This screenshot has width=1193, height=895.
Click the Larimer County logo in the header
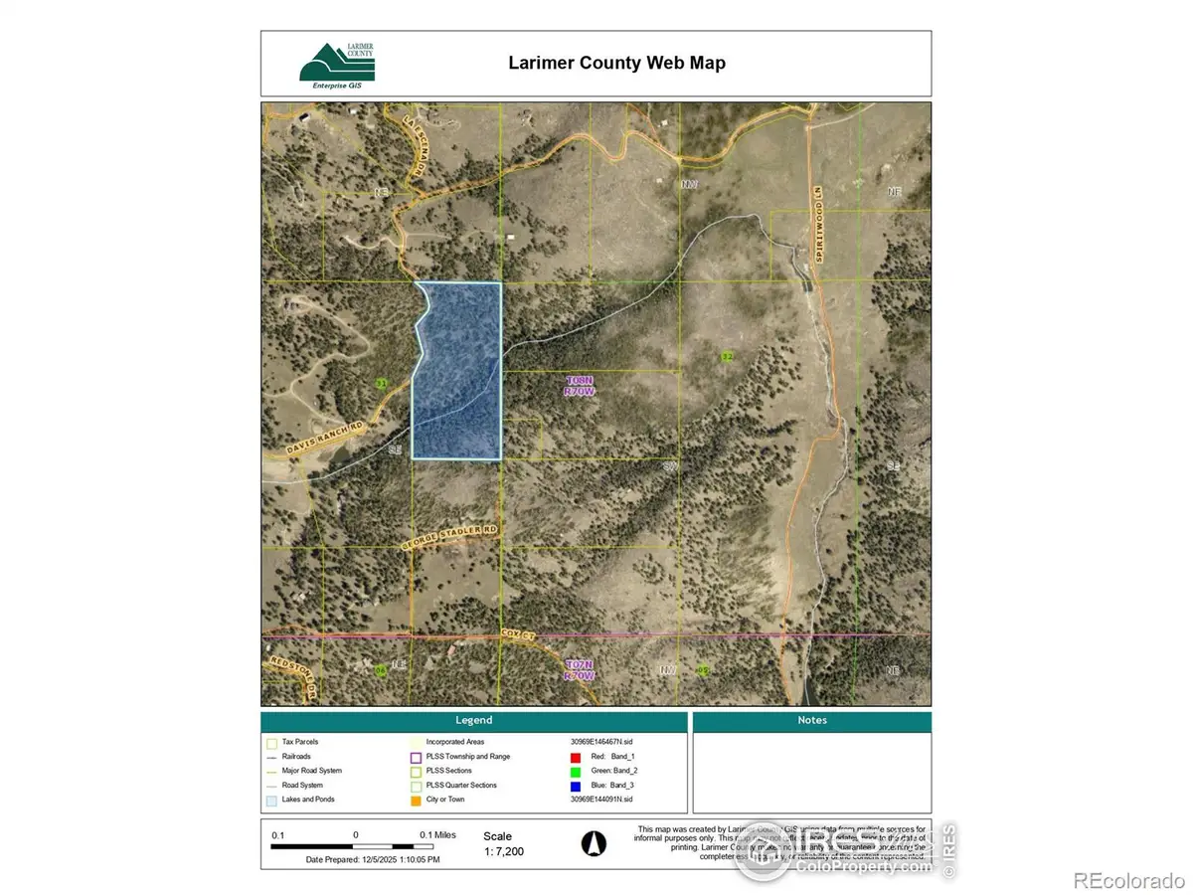337,63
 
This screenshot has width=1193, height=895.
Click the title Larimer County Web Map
616,63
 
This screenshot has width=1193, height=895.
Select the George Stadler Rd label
447,539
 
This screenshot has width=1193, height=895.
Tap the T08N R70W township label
580,386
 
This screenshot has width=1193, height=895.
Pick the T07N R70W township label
580,669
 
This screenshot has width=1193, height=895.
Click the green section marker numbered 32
728,356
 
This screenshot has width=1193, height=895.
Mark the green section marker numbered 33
380,383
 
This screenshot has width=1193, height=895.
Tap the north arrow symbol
593,843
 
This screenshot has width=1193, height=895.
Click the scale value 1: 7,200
503,852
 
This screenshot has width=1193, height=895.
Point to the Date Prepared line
373,859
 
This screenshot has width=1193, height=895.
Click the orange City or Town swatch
416,800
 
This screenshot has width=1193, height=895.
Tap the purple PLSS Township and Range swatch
416,757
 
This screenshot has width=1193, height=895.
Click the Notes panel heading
811,720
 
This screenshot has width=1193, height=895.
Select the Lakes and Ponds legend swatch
271,800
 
